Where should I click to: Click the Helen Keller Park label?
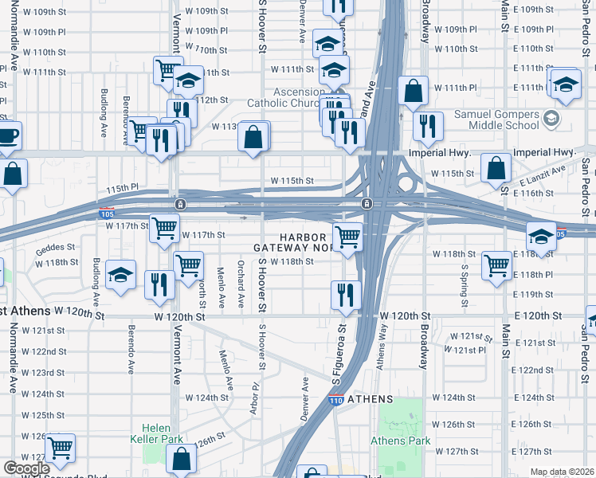(x=163, y=433)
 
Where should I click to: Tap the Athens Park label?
(x=400, y=441)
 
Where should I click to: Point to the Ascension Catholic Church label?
(x=304, y=97)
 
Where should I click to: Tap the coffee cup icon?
(x=6, y=135)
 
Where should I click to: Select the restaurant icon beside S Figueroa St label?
(x=346, y=295)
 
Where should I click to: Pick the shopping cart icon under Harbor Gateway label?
(x=347, y=237)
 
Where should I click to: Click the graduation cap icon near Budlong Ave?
(x=120, y=276)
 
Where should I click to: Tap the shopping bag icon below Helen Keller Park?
(x=181, y=459)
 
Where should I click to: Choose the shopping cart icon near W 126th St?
(x=60, y=449)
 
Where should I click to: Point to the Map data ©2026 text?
(x=562, y=472)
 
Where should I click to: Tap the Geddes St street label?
(x=53, y=249)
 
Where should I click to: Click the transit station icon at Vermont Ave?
(x=181, y=204)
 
